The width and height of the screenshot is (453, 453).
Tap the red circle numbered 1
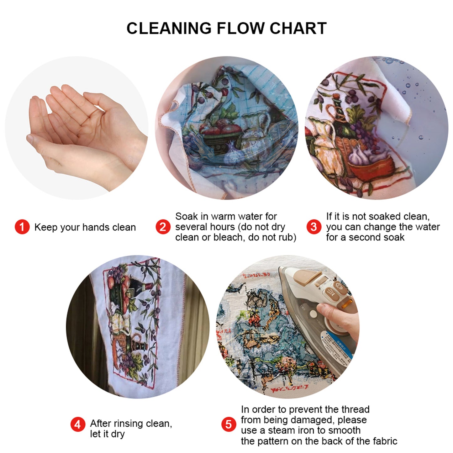tap(22, 227)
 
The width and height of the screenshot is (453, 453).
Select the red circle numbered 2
tap(163, 227)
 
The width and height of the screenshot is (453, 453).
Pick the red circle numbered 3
tap(313, 227)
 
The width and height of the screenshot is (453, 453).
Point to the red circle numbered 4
tap(77, 424)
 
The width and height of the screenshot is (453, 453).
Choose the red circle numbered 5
tap(229, 424)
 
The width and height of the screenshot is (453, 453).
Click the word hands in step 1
tap(95, 227)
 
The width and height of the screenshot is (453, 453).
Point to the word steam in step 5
tap(282, 430)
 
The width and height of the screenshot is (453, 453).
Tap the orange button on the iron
tap(347, 303)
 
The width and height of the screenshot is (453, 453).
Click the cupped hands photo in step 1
tap(82, 132)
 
